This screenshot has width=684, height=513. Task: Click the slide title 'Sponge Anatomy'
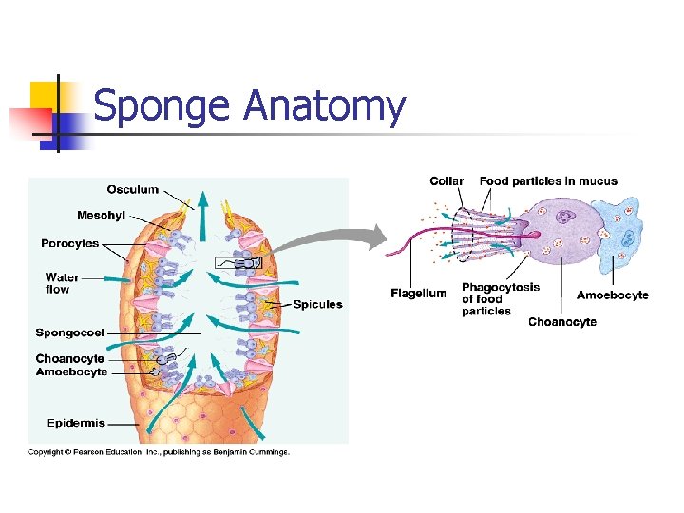[249, 105]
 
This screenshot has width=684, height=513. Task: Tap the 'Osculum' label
[132, 190]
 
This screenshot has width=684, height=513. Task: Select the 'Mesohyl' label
[101, 216]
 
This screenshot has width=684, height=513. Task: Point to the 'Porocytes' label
[69, 244]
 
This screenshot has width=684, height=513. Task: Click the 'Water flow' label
[62, 283]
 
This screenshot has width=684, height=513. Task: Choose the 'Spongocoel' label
[69, 332]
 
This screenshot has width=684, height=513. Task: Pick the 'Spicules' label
[317, 305]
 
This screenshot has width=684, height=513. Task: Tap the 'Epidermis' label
[76, 423]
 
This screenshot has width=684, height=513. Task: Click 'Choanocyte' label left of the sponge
[70, 359]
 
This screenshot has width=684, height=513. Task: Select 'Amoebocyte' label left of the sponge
[71, 372]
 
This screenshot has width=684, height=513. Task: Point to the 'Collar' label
[446, 181]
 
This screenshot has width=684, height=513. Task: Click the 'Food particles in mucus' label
[548, 181]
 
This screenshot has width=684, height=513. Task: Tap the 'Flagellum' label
[418, 294]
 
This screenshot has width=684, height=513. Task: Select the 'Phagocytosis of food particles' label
[500, 299]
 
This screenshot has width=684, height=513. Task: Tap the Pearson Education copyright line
[159, 452]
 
